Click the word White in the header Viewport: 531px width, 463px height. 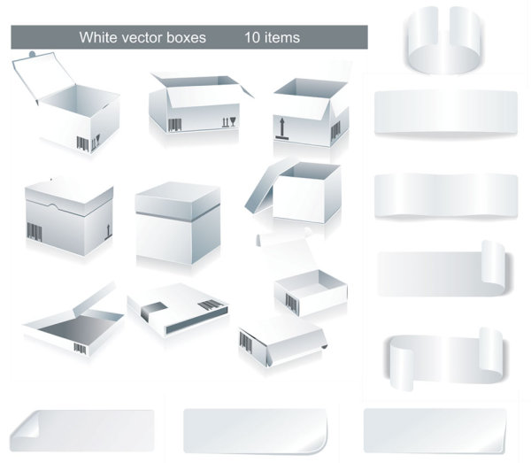[98, 37]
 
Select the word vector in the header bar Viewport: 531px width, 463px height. [142, 37]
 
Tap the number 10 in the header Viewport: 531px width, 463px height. [252, 37]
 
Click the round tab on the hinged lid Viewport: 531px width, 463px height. [32, 54]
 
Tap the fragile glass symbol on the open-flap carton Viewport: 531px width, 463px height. [233, 121]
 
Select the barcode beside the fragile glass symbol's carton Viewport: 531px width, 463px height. [174, 125]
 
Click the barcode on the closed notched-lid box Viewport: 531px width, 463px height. [35, 232]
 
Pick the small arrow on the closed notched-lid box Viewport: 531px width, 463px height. [108, 232]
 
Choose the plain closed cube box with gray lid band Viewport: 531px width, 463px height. [178, 223]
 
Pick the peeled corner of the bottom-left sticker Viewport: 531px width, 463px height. [26, 426]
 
